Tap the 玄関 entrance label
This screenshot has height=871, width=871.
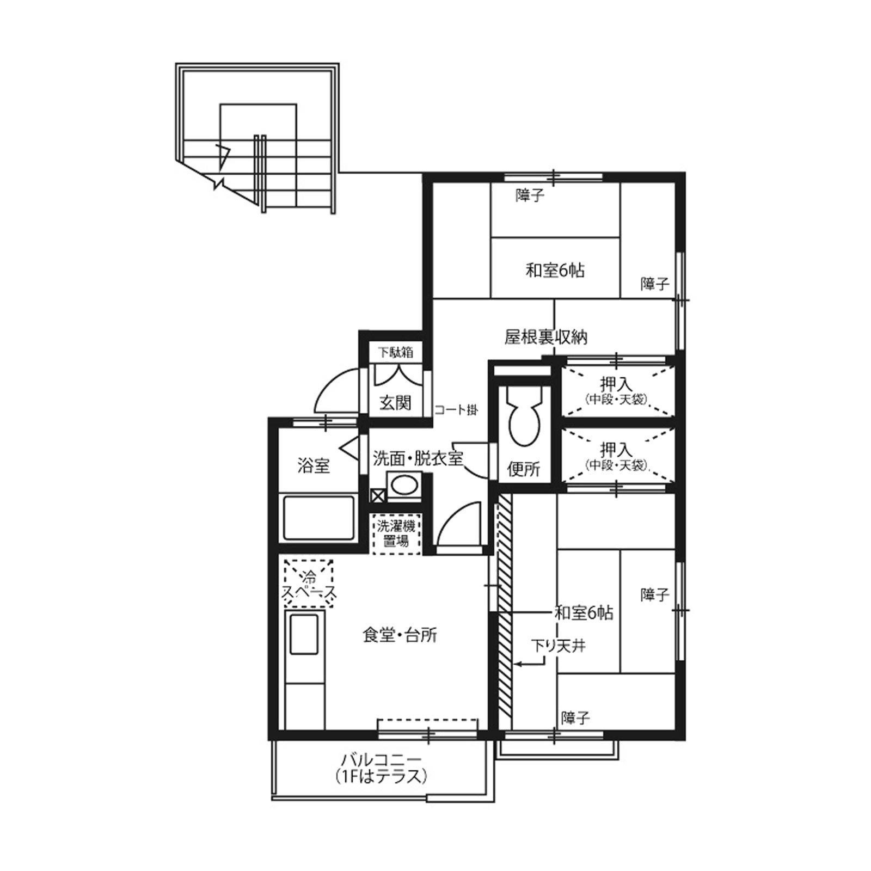tap(395, 403)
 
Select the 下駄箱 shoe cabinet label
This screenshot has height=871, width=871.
tap(396, 352)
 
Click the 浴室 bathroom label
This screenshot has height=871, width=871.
tap(314, 465)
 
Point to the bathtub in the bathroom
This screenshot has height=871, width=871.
tap(318, 517)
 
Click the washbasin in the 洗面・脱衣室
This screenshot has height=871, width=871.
tap(403, 485)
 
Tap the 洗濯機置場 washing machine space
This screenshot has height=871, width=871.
tap(396, 533)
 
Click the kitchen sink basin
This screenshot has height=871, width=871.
tap(304, 634)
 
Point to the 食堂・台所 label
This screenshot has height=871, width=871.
tap(400, 635)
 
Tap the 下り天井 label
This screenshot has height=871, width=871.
tap(559, 646)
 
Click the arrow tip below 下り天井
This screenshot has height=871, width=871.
tap(515, 664)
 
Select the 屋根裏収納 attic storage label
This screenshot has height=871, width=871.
tap(546, 338)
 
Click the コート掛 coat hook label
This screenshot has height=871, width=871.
tap(456, 409)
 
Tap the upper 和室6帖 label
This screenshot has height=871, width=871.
tap(555, 270)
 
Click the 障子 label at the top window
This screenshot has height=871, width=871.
tap(530, 194)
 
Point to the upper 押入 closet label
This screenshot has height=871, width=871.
tap(616, 390)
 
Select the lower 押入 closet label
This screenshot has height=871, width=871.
tap(616, 456)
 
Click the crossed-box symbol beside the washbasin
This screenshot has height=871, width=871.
tap(378, 495)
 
